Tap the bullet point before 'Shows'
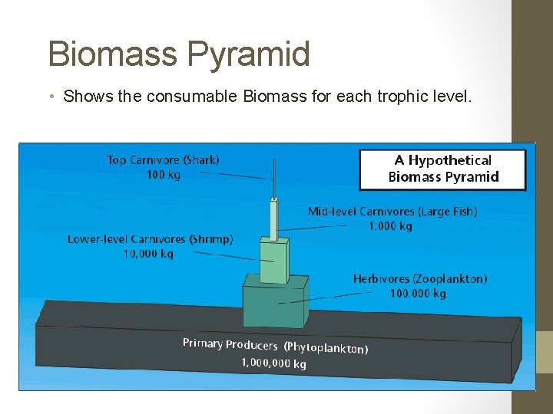[x=51, y=97]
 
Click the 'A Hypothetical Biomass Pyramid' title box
[x=442, y=169]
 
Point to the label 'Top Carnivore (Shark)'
[x=163, y=160]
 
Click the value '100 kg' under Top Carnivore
[x=163, y=175]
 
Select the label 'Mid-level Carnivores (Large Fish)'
[x=392, y=212]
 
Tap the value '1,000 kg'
[x=390, y=226]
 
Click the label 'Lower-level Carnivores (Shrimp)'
[x=150, y=239]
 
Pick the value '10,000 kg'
[x=148, y=254]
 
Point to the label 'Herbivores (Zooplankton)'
[x=419, y=279]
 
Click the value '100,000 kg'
[x=418, y=294]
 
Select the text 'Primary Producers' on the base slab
[x=229, y=344]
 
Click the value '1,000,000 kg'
[x=273, y=363]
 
